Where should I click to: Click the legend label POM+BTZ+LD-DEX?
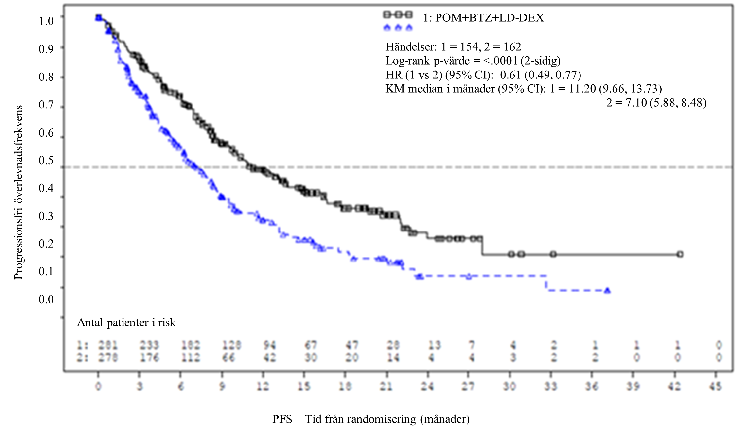click(x=483, y=18)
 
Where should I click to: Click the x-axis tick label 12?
click(x=263, y=386)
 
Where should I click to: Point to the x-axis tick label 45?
click(x=716, y=386)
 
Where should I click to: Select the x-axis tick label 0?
click(x=98, y=386)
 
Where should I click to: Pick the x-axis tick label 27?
click(x=469, y=386)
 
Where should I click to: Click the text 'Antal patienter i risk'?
click(x=126, y=323)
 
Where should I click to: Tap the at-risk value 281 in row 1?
click(x=108, y=346)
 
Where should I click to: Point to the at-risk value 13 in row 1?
click(x=434, y=346)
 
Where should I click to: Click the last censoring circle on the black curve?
click(x=680, y=254)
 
